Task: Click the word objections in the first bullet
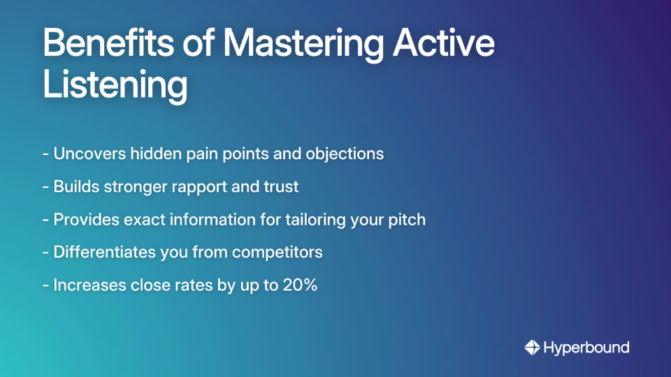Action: click(x=345, y=154)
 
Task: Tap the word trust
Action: click(x=280, y=187)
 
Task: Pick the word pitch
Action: click(x=407, y=220)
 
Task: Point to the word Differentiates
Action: click(x=103, y=253)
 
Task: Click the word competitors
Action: click(x=280, y=253)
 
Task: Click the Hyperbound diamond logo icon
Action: click(x=533, y=347)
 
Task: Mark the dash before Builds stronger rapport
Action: click(x=45, y=187)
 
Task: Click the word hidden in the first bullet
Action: click(x=154, y=154)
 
